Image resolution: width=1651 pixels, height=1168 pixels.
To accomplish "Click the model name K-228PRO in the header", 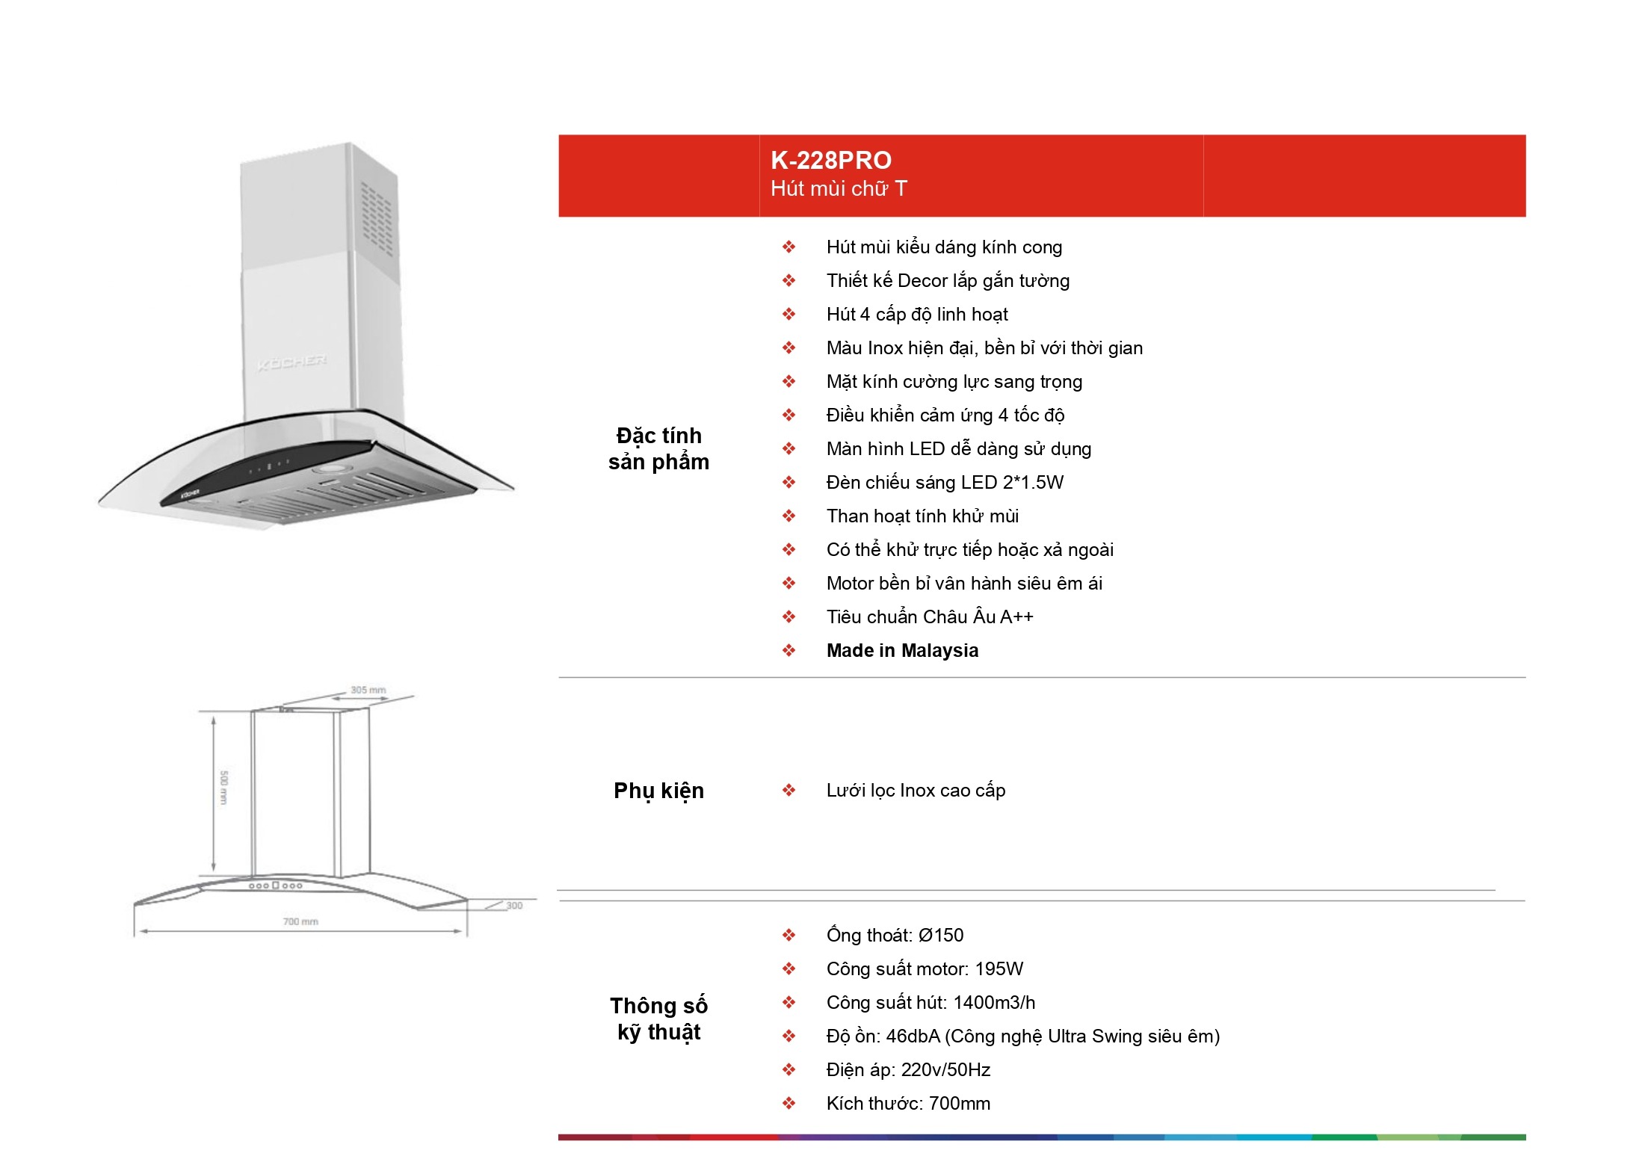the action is point(830,161).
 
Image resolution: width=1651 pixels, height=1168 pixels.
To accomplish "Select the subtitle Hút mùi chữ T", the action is point(839,188).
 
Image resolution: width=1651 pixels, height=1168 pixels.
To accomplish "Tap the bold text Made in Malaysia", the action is point(902,651).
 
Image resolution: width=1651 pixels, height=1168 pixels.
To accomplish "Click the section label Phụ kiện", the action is point(658,791).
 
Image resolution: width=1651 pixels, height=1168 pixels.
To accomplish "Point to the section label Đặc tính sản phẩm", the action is point(658,448).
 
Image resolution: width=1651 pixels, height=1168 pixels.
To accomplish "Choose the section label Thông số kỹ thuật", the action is point(658,1019).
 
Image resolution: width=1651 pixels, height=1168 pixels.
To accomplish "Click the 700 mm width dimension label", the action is point(300,921).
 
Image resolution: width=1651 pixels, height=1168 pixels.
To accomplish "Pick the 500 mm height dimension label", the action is point(223,788).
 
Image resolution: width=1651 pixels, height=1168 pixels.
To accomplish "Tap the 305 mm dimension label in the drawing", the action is point(368,690).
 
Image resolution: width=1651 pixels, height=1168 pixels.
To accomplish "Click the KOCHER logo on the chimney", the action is point(291,362).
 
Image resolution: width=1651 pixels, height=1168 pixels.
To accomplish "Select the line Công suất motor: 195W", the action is point(925,969).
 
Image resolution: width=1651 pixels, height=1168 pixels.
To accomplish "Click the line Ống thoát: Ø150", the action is point(895,936).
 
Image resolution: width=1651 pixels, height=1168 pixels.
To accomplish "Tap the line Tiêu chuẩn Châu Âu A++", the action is point(930,617).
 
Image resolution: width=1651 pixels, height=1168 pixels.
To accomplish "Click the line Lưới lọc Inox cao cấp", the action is point(916,791).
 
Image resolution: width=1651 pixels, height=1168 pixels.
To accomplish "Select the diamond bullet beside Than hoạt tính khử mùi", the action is point(789,516).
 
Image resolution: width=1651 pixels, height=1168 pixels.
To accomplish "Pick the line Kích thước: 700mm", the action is point(908,1104).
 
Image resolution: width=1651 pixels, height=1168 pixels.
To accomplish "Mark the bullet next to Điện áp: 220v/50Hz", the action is point(789,1070).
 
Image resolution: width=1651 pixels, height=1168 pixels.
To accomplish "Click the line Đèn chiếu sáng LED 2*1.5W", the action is point(945,483).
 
